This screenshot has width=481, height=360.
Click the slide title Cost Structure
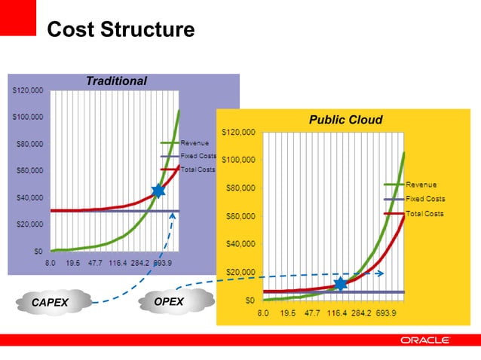(121, 30)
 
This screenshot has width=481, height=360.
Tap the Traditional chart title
(116, 81)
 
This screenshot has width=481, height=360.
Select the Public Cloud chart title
(345, 119)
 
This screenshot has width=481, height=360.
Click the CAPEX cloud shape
(51, 302)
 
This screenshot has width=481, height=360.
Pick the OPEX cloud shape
(168, 301)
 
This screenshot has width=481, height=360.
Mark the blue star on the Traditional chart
(158, 191)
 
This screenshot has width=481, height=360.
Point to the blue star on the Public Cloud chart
(341, 284)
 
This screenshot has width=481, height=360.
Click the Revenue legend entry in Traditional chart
(194, 142)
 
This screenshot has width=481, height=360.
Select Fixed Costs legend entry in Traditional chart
(198, 155)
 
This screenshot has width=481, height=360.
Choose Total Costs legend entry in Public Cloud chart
(424, 214)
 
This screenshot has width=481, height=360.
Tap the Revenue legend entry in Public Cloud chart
(421, 185)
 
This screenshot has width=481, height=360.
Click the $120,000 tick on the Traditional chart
(28, 90)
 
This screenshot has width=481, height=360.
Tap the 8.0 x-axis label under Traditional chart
(51, 264)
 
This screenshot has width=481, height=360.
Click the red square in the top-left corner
(18, 17)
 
